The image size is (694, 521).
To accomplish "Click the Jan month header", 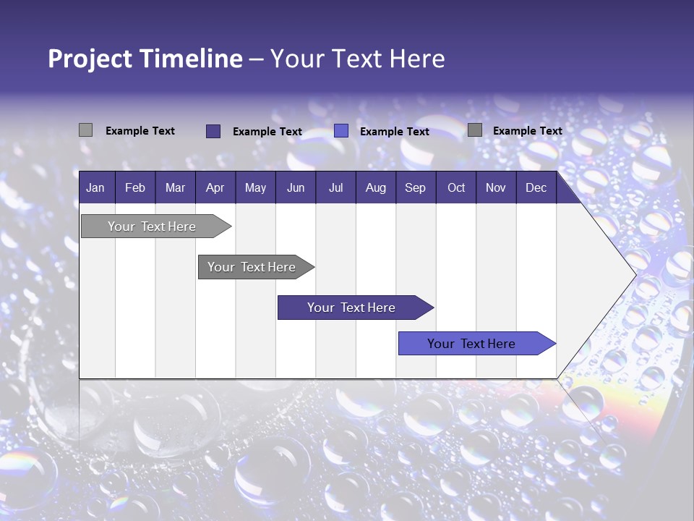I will coord(95,187).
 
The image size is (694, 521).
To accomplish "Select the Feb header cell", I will coord(135,187).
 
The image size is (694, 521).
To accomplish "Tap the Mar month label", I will coord(175,187).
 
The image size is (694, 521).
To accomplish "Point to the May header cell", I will coord(255,187).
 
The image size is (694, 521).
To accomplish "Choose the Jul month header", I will coord(335,187).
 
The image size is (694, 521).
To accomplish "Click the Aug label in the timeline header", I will coord(375,187).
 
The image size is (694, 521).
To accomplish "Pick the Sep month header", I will coord(415,187).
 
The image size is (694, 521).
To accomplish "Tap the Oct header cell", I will coord(456,187).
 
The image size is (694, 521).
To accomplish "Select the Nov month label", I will coord(495,187).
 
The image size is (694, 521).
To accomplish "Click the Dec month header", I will coord(536,187).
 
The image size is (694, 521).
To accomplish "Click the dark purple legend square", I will coord(213,131).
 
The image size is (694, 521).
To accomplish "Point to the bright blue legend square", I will coord(341,131).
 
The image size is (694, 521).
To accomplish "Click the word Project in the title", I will coord(89,59).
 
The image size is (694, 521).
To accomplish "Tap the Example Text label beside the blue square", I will coord(394,132).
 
